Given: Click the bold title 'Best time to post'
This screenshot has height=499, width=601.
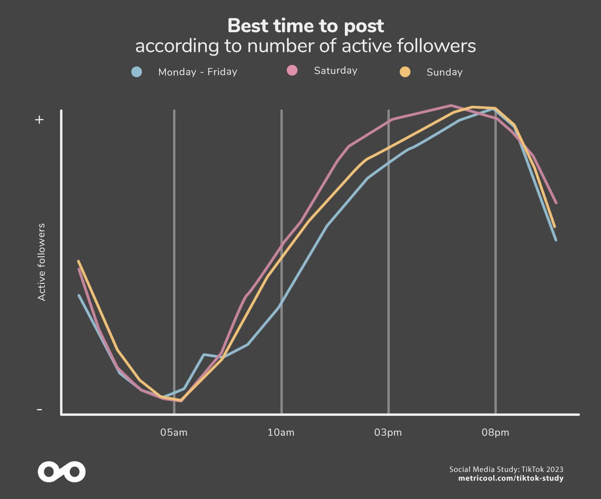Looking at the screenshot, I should pyautogui.click(x=305, y=26).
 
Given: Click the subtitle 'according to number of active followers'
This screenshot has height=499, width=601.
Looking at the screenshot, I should pyautogui.click(x=305, y=46).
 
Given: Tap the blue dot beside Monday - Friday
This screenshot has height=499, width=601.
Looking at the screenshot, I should pyautogui.click(x=137, y=72).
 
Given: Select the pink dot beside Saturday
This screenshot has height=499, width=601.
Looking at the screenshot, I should pyautogui.click(x=292, y=70).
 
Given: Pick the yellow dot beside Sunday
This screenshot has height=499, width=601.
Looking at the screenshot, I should pyautogui.click(x=405, y=72).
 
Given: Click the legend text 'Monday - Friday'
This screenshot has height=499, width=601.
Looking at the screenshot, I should pyautogui.click(x=198, y=72).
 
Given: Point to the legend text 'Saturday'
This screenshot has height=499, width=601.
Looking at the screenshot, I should pyautogui.click(x=336, y=70).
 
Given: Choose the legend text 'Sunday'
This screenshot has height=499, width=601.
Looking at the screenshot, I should pyautogui.click(x=444, y=72).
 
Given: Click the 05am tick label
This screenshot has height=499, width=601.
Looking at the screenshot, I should pyautogui.click(x=174, y=433).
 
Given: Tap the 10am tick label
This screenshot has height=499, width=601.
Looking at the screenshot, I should pyautogui.click(x=281, y=433).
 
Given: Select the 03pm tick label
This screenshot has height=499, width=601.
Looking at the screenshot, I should pyautogui.click(x=388, y=433).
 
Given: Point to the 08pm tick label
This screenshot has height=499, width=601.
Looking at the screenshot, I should pyautogui.click(x=495, y=433).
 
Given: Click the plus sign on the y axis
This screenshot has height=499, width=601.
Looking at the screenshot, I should pyautogui.click(x=39, y=120).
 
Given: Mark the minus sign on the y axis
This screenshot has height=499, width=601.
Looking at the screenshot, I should pyautogui.click(x=39, y=409).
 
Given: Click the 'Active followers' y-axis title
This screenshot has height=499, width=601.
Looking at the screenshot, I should pyautogui.click(x=41, y=262).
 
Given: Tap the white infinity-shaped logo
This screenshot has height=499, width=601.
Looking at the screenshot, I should pyautogui.click(x=62, y=472).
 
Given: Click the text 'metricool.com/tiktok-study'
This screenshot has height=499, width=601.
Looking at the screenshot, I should pyautogui.click(x=511, y=478).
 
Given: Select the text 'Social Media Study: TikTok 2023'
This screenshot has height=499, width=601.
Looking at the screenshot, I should pyautogui.click(x=506, y=469).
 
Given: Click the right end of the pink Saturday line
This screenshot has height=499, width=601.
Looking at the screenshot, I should pyautogui.click(x=556, y=203).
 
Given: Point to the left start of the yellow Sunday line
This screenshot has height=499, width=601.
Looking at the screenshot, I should pyautogui.click(x=78, y=261).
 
